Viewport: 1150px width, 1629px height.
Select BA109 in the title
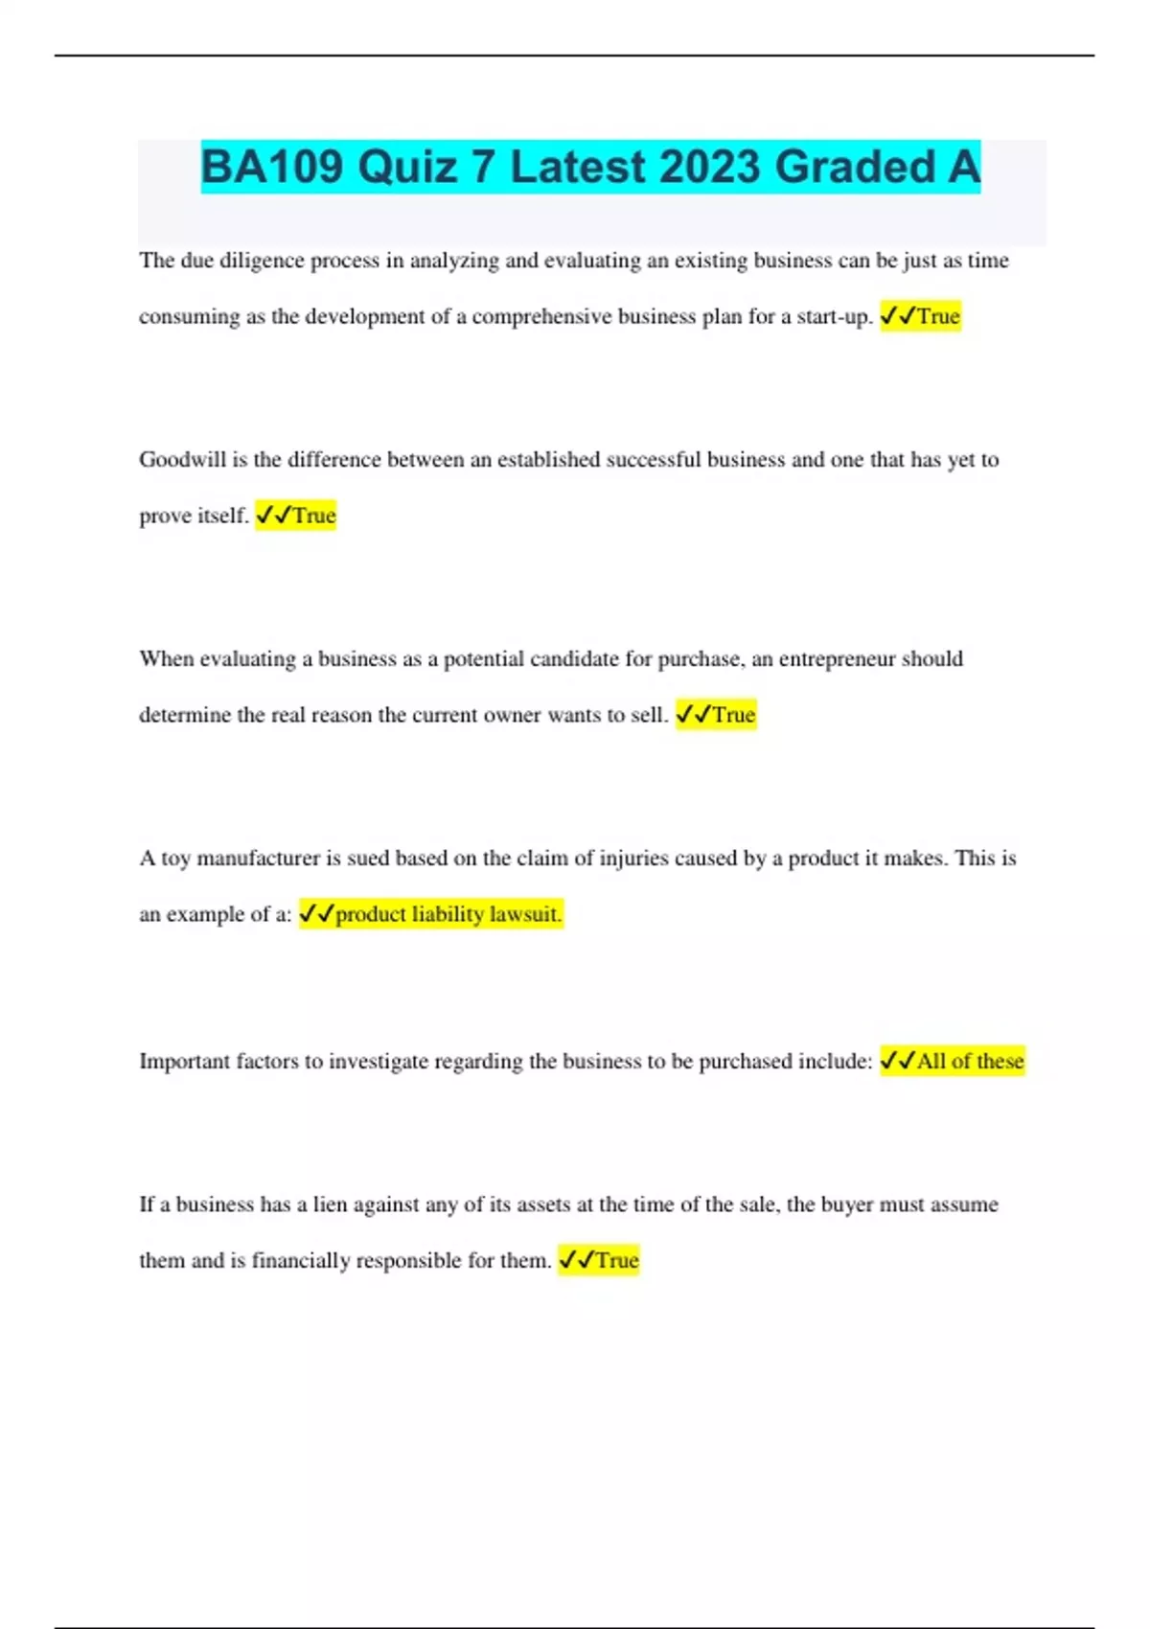[x=272, y=167]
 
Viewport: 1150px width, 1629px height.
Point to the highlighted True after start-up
[x=938, y=316]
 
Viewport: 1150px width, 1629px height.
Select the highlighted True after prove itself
[x=314, y=516]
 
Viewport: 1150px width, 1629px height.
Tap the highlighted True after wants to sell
[x=734, y=715]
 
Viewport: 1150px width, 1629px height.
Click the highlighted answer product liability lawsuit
[x=448, y=914]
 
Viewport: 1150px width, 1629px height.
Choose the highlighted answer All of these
[x=970, y=1061]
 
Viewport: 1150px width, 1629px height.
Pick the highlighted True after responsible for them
[x=617, y=1260]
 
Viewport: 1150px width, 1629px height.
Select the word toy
[x=175, y=859]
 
